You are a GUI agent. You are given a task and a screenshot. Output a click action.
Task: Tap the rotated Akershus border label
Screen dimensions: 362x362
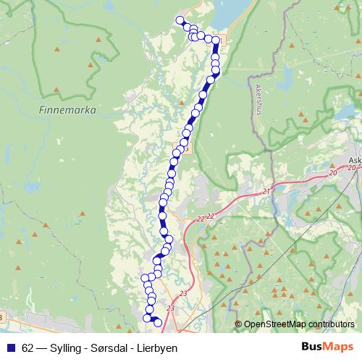click(x=259, y=100)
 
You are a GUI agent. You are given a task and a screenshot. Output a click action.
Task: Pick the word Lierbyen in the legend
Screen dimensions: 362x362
click(x=154, y=348)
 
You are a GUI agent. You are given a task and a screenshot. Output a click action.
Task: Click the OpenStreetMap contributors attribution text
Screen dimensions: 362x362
click(x=298, y=324)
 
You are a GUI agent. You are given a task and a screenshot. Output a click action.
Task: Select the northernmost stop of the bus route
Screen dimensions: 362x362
click(x=180, y=20)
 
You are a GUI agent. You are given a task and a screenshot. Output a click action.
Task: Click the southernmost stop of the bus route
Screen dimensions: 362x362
click(x=158, y=323)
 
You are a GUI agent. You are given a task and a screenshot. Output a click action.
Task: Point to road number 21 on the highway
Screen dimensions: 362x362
click(x=266, y=191)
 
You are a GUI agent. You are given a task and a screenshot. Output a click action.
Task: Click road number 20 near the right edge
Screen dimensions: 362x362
click(x=332, y=173)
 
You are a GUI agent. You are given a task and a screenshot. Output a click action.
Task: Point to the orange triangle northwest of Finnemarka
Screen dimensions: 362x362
click(x=57, y=49)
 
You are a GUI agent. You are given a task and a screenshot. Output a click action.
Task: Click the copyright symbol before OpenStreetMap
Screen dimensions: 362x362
click(x=238, y=324)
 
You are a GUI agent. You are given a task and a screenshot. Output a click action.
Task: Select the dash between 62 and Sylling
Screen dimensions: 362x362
click(x=42, y=348)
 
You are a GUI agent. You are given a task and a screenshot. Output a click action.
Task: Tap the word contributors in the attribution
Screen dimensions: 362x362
click(x=329, y=324)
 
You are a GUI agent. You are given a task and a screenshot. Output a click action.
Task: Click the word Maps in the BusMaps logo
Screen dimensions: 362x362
click(x=341, y=348)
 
